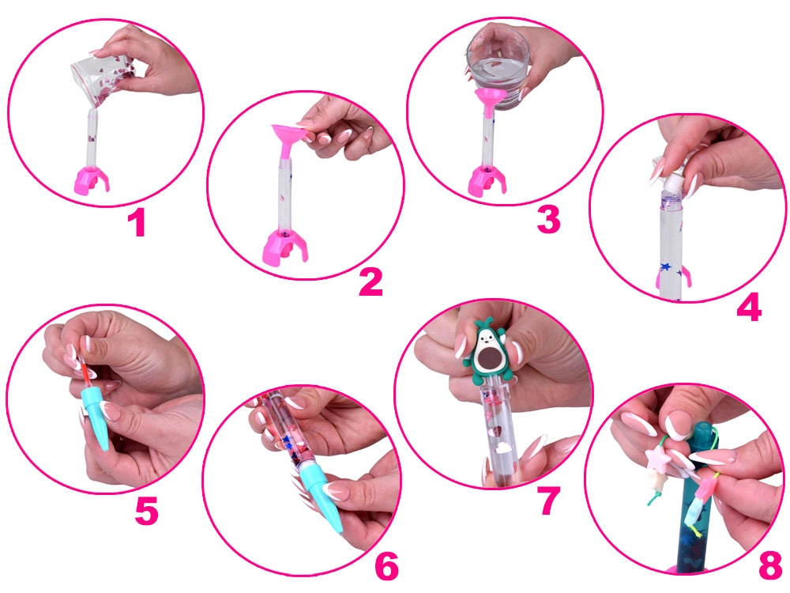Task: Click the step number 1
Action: tap(137, 224)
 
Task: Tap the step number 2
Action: tap(371, 282)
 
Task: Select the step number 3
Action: tap(549, 220)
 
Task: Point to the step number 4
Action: tap(749, 307)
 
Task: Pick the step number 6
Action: tap(387, 566)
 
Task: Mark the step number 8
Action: tap(770, 565)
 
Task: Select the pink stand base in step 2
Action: tap(284, 246)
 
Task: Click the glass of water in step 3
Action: tap(497, 70)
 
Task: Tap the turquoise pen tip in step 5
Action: tap(97, 417)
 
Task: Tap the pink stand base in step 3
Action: tap(486, 181)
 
